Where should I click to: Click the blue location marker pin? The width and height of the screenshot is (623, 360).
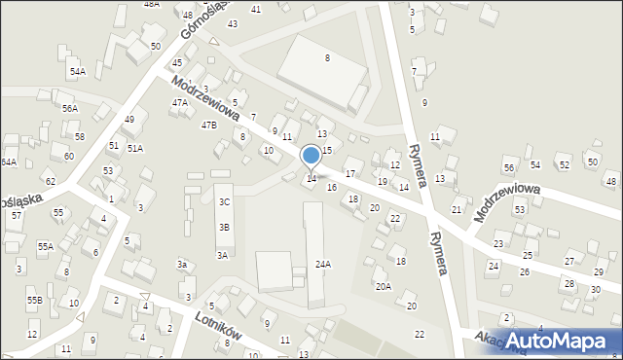pyautogui.click(x=311, y=157)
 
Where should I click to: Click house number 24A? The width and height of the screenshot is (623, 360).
pyautogui.click(x=323, y=264)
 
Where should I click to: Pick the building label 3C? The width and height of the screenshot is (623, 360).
pyautogui.click(x=224, y=202)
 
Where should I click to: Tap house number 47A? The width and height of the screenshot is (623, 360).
pyautogui.click(x=180, y=102)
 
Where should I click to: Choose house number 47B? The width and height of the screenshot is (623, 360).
pyautogui.click(x=208, y=125)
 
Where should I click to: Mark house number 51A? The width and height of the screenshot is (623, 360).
pyautogui.click(x=135, y=148)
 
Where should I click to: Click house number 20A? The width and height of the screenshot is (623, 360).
pyautogui.click(x=384, y=286)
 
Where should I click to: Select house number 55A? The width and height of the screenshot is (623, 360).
pyautogui.click(x=46, y=247)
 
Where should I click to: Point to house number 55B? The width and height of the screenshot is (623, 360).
pyautogui.click(x=34, y=301)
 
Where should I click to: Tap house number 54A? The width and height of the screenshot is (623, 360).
pyautogui.click(x=77, y=72)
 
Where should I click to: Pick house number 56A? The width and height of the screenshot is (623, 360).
pyautogui.click(x=69, y=108)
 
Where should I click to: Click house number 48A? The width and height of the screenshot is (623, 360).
pyautogui.click(x=151, y=4)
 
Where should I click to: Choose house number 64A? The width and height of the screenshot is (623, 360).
pyautogui.click(x=9, y=162)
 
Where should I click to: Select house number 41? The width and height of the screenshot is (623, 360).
pyautogui.click(x=256, y=9)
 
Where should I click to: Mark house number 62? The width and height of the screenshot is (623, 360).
pyautogui.click(x=50, y=181)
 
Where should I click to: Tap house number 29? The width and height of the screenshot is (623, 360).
pyautogui.click(x=599, y=271)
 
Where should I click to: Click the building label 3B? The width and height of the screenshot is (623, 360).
pyautogui.click(x=224, y=227)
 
